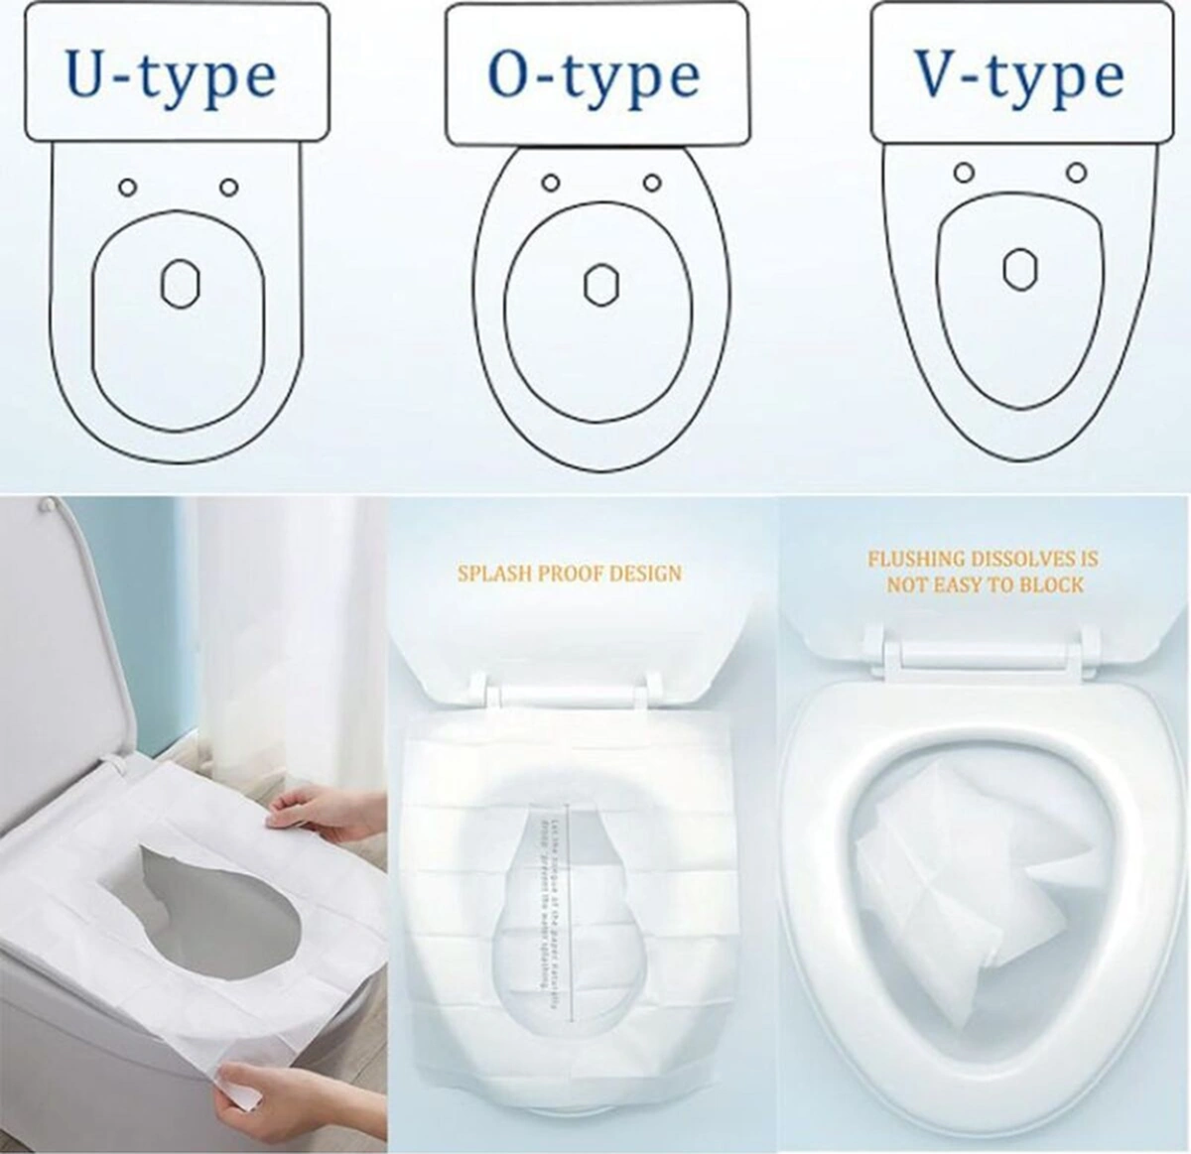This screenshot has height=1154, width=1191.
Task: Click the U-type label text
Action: click(171, 75)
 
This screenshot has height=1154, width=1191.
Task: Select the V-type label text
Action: click(1019, 75)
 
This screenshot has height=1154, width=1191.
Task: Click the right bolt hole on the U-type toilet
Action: click(228, 188)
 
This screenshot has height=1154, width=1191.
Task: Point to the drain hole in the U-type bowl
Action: click(180, 283)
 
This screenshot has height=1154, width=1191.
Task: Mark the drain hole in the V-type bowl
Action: click(1020, 268)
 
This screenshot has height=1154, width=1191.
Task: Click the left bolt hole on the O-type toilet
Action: click(551, 183)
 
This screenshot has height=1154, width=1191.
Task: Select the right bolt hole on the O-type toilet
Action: click(652, 183)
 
